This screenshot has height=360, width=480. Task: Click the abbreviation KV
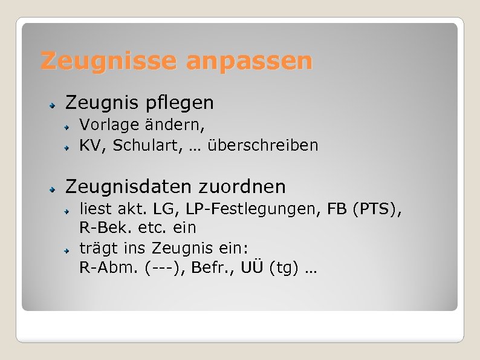pyautogui.click(x=89, y=146)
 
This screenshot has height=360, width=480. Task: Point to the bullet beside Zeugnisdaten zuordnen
pyautogui.click(x=53, y=188)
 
